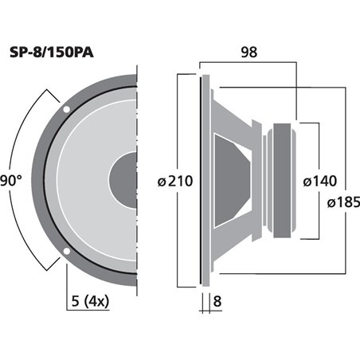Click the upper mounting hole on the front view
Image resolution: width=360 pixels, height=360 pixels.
pyautogui.click(x=66, y=108)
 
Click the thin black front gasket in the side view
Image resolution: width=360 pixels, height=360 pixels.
pyautogui.click(x=199, y=179)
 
